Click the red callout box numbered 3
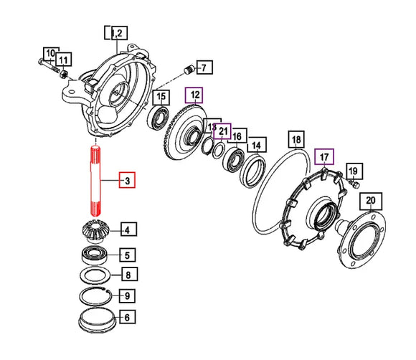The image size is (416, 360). pos(127,180)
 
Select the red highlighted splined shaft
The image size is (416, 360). pos(95,181)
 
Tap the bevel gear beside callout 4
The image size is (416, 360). pos(95,231)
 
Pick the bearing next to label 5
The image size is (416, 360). pos(94,255)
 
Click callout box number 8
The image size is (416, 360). pos(130,275)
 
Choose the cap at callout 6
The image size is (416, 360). pos(97,321)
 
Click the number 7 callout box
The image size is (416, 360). pos(204,67)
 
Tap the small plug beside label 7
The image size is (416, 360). pos(189,70)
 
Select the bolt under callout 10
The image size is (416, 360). pos(48,65)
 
